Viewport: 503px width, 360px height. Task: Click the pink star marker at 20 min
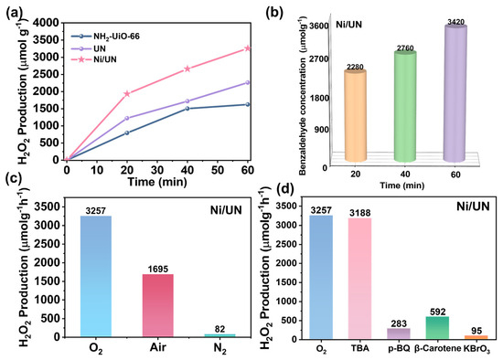[x=127, y=93]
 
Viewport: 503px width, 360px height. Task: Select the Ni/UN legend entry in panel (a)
[x=94, y=59]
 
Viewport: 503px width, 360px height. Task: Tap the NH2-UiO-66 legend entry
[x=105, y=37]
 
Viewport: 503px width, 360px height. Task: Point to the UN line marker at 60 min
[x=247, y=83]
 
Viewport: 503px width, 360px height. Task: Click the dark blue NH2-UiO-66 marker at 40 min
[x=187, y=109]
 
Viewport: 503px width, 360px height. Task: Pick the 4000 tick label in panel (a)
[x=48, y=23]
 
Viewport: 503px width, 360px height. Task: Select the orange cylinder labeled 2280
[x=355, y=116]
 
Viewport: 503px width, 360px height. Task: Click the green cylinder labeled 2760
[x=405, y=106]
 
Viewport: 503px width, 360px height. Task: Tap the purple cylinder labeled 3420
[x=455, y=93]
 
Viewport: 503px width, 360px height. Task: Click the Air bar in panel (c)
[x=158, y=305]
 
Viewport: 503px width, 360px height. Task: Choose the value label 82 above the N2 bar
[x=220, y=329]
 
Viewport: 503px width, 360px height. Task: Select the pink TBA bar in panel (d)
[x=360, y=279]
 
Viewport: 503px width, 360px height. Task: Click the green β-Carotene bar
[x=437, y=328]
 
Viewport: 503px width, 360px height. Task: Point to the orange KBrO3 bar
[x=476, y=337]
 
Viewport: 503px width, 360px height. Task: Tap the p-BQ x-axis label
[x=399, y=349]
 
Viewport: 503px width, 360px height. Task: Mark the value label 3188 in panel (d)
[x=360, y=213]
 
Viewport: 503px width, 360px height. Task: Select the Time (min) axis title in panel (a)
[x=157, y=182]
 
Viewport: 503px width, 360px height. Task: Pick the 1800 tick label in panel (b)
[x=319, y=98]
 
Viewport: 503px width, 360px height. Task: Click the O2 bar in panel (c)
[x=96, y=276]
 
